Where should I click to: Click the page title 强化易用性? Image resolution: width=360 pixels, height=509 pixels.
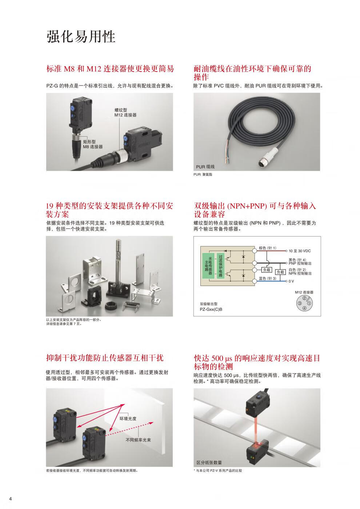coord(81,36)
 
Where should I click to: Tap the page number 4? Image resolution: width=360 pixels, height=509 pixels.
coord(10,499)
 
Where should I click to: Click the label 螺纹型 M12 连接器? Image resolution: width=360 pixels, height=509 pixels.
coord(125,113)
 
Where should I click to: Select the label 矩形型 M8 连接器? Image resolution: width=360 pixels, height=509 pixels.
coord(93,144)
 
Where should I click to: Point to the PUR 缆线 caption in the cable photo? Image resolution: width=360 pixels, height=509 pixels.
coord(205,167)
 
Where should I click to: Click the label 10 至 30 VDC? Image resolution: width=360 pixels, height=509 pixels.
coord(300,251)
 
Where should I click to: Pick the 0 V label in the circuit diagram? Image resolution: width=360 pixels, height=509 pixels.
coord(291,281)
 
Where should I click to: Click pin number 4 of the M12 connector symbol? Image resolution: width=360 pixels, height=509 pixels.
coord(304,308)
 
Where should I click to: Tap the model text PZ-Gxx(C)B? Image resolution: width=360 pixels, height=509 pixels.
coord(211,309)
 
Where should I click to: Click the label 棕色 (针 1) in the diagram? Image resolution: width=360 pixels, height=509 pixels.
coord(267,248)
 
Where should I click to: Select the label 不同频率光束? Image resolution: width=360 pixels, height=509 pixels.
coord(138,440)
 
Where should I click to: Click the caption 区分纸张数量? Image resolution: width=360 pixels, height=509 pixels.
coord(209,462)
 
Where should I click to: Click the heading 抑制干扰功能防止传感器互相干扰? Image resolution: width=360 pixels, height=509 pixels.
coord(105,358)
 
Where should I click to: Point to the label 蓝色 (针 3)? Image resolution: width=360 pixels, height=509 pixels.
coord(267,278)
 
